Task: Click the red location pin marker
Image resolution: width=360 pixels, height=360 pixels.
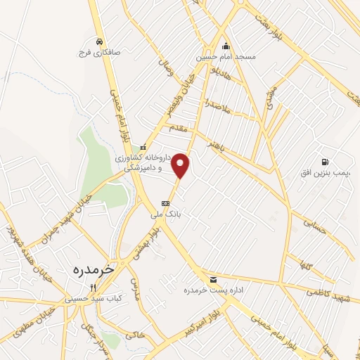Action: click(x=181, y=165)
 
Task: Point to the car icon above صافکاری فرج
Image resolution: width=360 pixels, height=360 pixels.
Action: click(x=102, y=41)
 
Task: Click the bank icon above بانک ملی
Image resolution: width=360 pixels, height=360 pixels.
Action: click(x=165, y=203)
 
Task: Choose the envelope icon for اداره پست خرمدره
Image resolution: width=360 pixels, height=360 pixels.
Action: click(x=203, y=278)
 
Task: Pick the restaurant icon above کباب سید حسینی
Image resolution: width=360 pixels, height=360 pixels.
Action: click(x=93, y=287)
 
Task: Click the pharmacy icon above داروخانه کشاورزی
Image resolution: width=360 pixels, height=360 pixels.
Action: click(x=143, y=148)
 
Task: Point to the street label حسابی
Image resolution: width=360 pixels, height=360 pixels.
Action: click(x=315, y=225)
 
